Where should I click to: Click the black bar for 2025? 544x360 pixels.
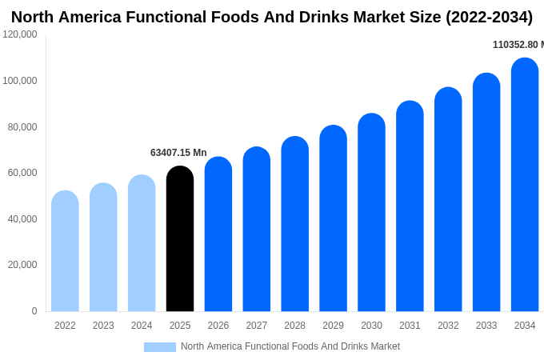tap(180, 239)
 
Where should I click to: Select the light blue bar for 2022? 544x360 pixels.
tap(65, 251)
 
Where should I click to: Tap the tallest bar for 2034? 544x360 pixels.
tap(525, 185)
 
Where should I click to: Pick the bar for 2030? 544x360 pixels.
tap(371, 213)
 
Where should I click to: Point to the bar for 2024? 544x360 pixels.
tap(142, 243)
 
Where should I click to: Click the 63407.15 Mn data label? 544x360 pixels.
tap(178, 153)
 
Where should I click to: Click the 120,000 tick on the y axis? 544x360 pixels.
tap(20, 34)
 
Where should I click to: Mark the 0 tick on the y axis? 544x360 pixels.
tap(34, 311)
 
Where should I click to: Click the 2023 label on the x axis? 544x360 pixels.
tap(103, 326)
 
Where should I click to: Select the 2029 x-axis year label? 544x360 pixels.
tap(333, 326)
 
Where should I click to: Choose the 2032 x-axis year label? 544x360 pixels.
tap(448, 326)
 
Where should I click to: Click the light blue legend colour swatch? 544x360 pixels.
tap(160, 347)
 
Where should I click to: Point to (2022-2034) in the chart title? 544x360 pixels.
tap(487, 17)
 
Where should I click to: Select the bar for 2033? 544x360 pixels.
tap(486, 193)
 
